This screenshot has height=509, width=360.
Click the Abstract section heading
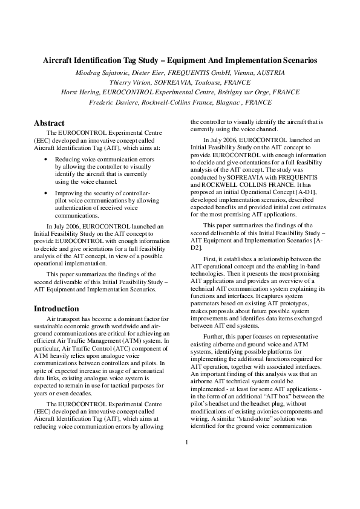pyautogui.click(x=49, y=122)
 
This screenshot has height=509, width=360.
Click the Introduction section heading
pyautogui.click(x=56, y=308)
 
